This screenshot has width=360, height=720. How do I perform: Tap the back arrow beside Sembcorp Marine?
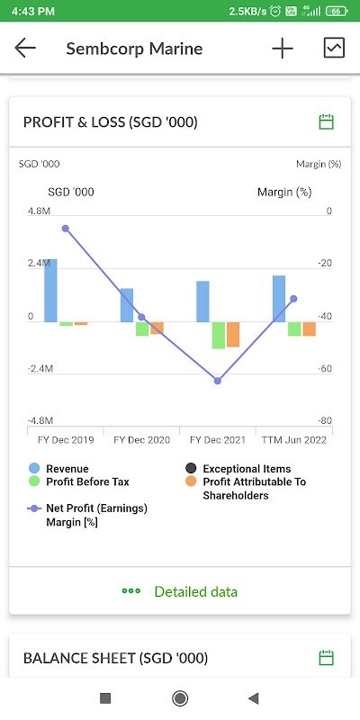(25, 49)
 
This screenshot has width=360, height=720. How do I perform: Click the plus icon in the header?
(283, 49)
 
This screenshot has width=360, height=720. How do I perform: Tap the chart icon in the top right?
(334, 48)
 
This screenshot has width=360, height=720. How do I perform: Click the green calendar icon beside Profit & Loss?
(326, 122)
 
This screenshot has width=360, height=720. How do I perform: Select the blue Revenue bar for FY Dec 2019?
(50, 290)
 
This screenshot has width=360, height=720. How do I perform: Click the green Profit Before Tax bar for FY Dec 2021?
(218, 335)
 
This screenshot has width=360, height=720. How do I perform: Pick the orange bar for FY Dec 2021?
(233, 334)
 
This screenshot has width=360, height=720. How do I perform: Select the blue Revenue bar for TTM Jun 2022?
(279, 299)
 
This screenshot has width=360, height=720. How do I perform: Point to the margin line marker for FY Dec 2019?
(65, 229)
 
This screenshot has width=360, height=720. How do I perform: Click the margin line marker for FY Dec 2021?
(218, 381)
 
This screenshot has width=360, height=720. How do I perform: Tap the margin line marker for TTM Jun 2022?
(294, 299)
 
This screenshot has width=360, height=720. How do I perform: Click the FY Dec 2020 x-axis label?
(141, 440)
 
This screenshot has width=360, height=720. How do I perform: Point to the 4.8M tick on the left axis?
(39, 211)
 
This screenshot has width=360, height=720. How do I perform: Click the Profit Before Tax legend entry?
(79, 481)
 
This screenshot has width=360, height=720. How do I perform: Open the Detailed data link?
(180, 591)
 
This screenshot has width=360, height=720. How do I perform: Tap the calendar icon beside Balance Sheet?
(326, 658)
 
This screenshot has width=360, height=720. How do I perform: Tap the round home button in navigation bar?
(179, 698)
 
